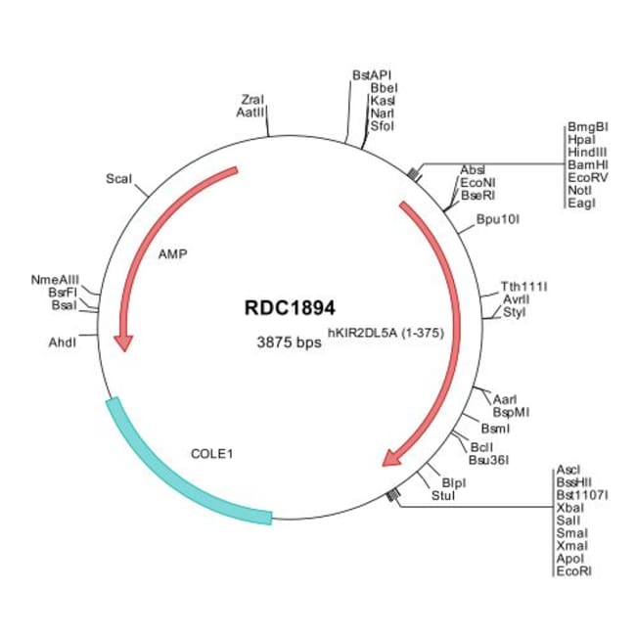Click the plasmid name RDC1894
(x=290, y=308)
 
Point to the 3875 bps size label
(x=289, y=342)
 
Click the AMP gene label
(x=173, y=254)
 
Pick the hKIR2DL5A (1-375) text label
(x=386, y=333)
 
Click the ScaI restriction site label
(x=118, y=178)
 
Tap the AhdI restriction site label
(x=62, y=342)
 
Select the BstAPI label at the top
(x=372, y=75)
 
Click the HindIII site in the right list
(x=587, y=152)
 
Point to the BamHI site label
(x=588, y=164)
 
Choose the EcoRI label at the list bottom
(x=574, y=571)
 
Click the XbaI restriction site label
(x=570, y=508)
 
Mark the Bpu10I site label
(x=498, y=219)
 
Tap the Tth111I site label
(x=523, y=287)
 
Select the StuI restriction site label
(x=443, y=495)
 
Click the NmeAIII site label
(x=55, y=280)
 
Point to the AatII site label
(x=250, y=113)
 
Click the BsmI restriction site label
(x=495, y=429)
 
